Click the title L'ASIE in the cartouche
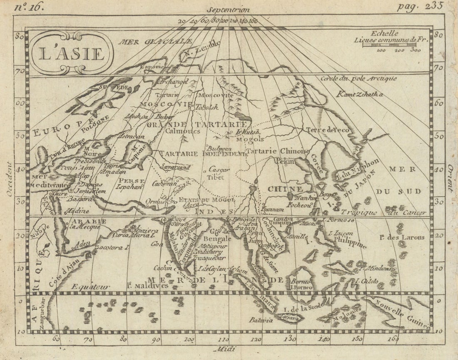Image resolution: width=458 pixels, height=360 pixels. coord(71,53)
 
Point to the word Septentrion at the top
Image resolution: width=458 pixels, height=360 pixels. coord(229,9)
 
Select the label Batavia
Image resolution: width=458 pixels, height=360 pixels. coord(261,320)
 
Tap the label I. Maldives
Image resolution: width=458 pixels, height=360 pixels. coord(147,285)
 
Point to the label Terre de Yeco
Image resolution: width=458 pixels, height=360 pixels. coord(328,130)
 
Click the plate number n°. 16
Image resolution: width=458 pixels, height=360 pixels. coord(28,7)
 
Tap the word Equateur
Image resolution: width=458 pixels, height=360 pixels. coord(90,287)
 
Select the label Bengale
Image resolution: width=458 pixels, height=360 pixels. coord(217,239)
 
